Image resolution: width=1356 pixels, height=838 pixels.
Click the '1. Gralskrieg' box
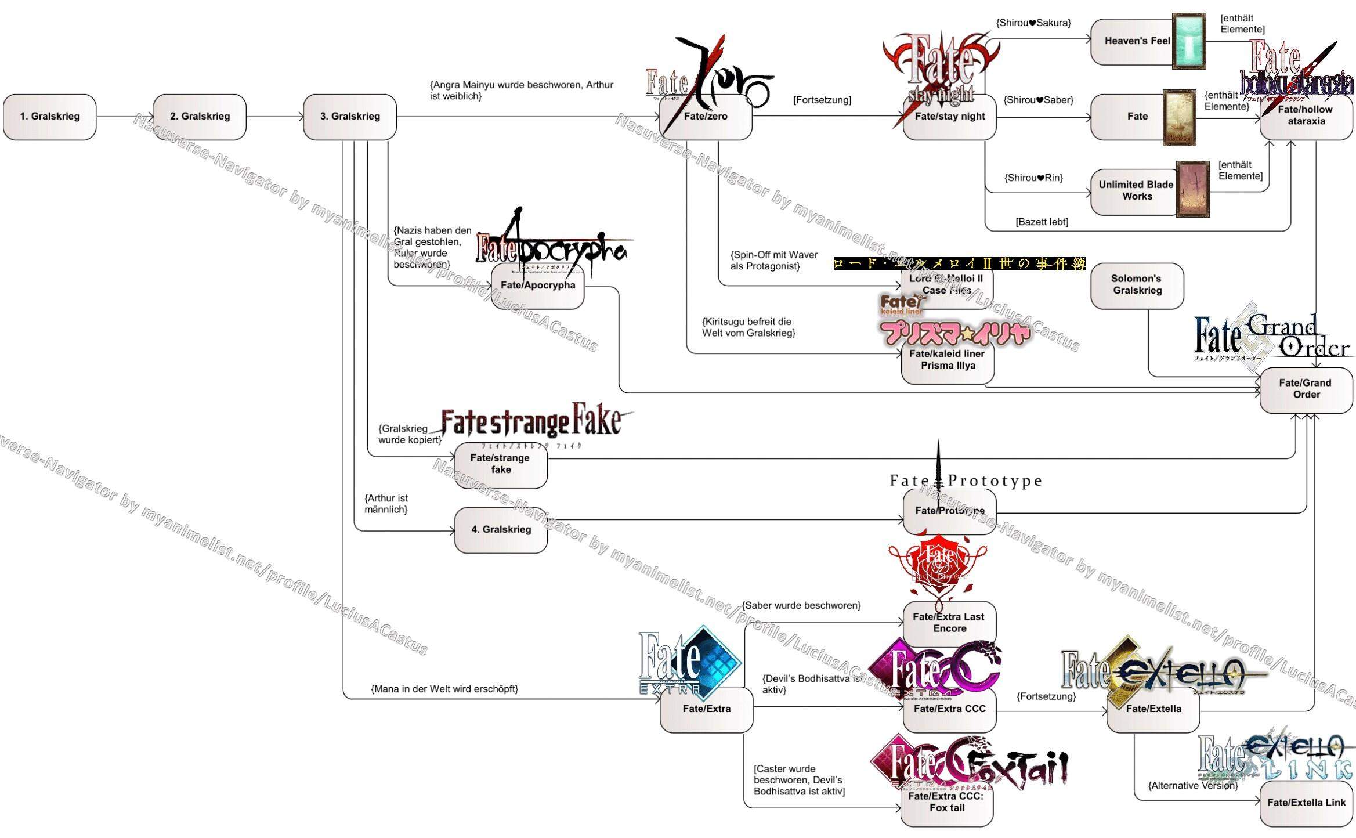(x=49, y=117)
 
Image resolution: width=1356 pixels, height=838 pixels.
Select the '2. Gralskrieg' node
(x=200, y=117)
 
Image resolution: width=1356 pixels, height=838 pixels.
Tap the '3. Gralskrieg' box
(x=350, y=117)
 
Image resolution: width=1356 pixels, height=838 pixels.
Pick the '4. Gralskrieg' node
(x=501, y=530)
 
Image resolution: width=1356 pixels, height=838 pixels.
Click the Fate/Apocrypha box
(x=537, y=286)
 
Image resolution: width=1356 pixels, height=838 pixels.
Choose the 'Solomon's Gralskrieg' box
(x=1137, y=285)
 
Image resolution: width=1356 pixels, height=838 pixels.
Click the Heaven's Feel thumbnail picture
(x=1189, y=41)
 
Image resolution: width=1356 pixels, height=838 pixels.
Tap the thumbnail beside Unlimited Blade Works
(x=1192, y=189)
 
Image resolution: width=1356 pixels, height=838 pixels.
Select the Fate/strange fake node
(x=500, y=464)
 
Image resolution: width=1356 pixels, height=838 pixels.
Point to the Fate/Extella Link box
(x=1306, y=803)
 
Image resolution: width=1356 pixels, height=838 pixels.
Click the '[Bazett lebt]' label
(x=1042, y=222)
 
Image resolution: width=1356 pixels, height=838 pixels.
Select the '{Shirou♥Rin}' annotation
(x=1033, y=178)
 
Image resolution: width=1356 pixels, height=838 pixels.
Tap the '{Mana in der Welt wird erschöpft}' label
(x=444, y=689)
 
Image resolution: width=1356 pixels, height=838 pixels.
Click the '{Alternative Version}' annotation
(x=1192, y=786)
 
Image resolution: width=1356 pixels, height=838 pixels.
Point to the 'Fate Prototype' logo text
(x=966, y=481)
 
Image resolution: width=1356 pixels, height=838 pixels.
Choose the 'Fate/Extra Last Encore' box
(x=949, y=623)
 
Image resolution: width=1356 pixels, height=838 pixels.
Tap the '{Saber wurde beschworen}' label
(x=801, y=606)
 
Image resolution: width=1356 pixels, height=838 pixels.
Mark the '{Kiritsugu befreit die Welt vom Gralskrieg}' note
(x=748, y=327)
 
